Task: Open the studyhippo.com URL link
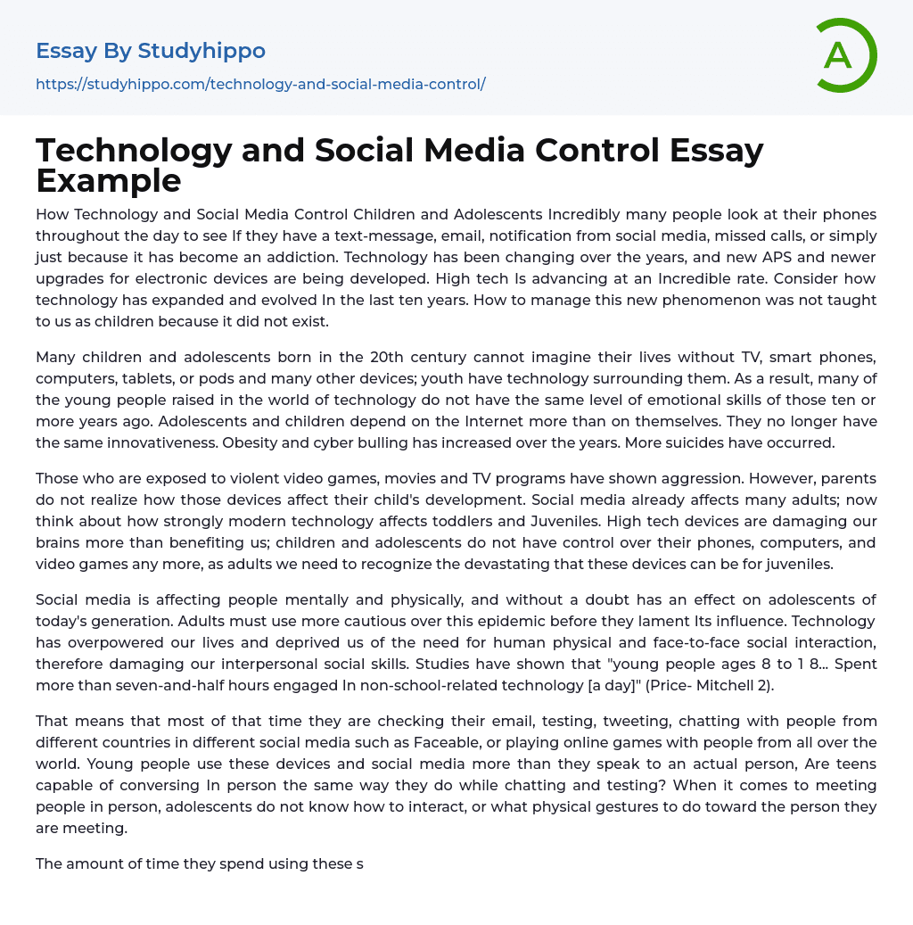(x=260, y=84)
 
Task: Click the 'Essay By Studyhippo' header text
(x=151, y=51)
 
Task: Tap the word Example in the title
(x=109, y=181)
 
